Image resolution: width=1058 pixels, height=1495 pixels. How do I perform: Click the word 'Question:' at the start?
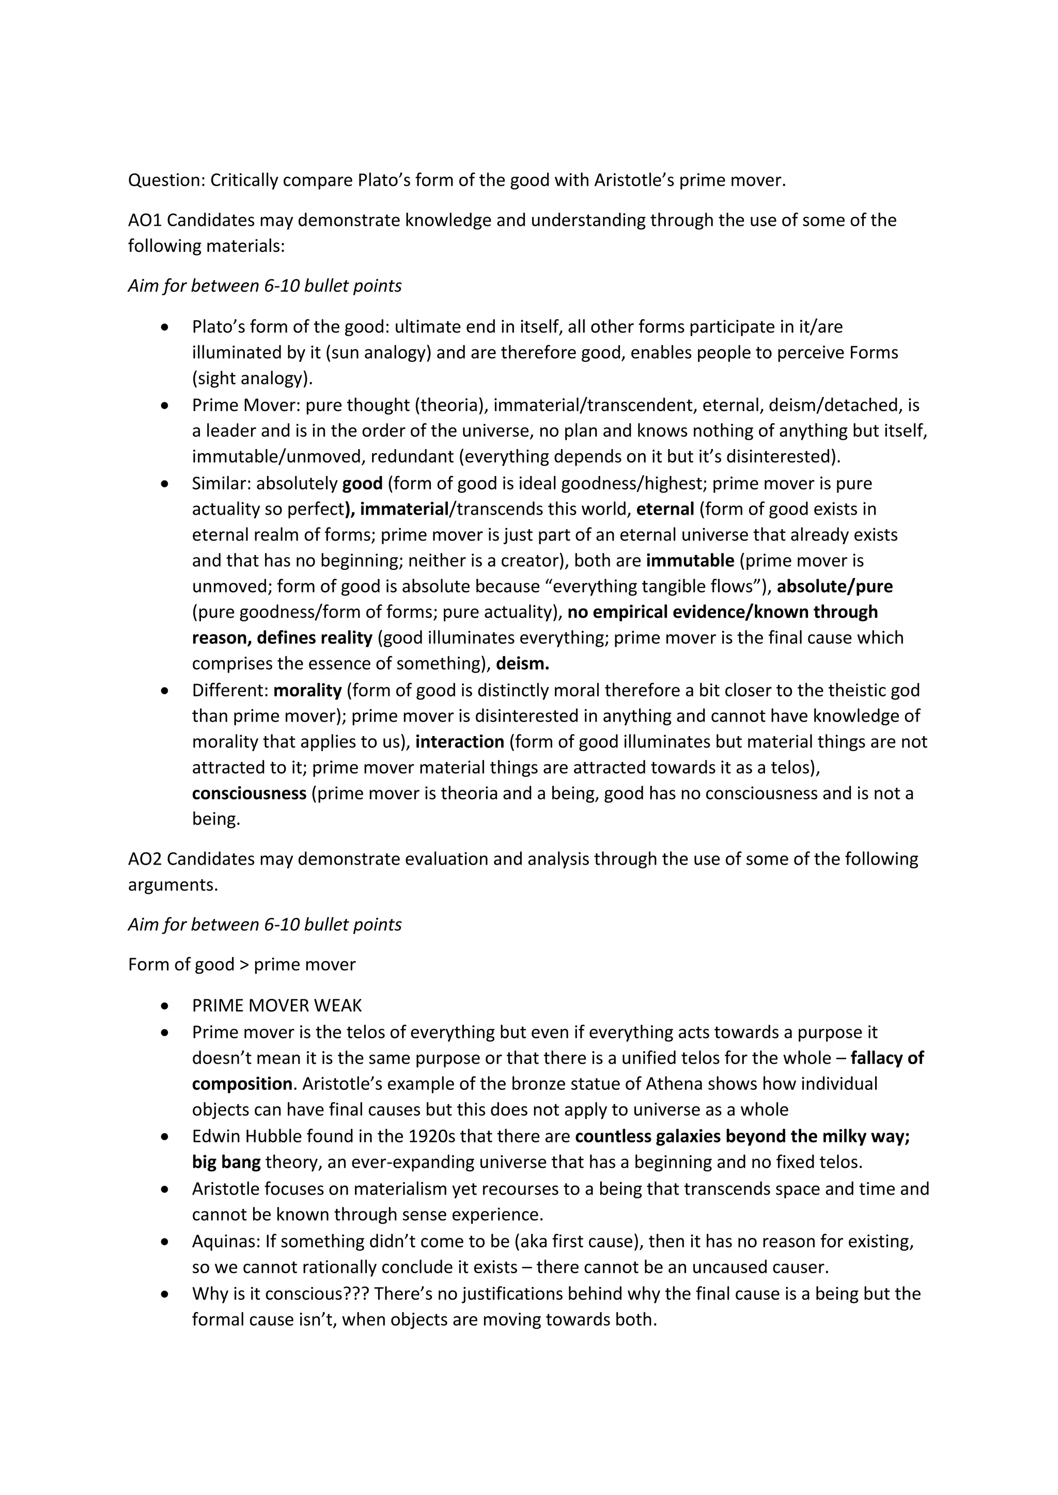tap(166, 180)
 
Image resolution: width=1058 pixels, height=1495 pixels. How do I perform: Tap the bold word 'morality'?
tap(307, 690)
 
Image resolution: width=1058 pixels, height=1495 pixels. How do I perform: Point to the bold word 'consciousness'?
tap(249, 793)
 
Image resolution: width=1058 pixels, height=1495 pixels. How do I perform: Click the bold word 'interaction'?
tap(459, 742)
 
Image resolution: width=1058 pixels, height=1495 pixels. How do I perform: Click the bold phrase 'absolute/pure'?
tap(834, 586)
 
